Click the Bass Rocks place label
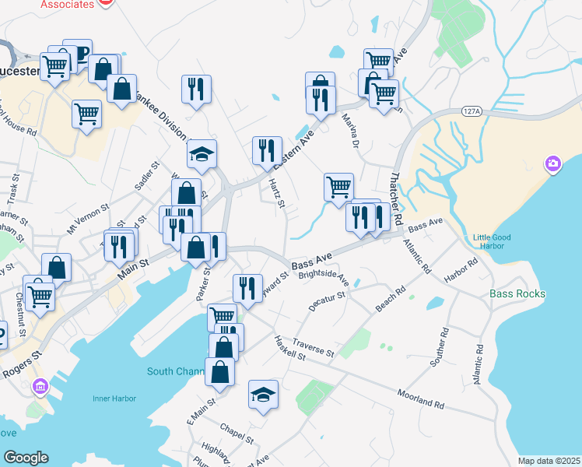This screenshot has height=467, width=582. (x=517, y=294)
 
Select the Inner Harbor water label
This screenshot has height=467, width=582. (x=114, y=399)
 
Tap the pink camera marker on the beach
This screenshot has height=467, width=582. (x=553, y=163)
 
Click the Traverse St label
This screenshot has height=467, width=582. (x=314, y=347)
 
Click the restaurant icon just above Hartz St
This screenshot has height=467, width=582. (x=267, y=150)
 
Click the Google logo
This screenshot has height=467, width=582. (x=26, y=457)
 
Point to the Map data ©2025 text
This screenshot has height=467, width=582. (x=549, y=461)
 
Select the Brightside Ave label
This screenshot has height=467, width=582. (x=324, y=279)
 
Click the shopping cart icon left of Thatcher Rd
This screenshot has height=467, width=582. (x=338, y=187)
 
